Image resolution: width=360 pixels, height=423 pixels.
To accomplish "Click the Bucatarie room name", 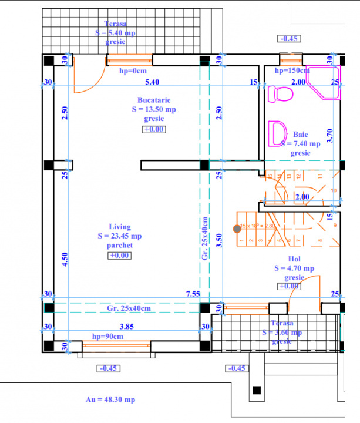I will pos(154,100).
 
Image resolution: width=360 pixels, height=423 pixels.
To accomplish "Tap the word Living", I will pos(120,227).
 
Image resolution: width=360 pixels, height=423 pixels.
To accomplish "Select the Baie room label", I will pos(300,135).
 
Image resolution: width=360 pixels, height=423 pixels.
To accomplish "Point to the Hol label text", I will pos(294,258).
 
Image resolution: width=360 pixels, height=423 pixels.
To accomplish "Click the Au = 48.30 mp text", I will pos(110,399).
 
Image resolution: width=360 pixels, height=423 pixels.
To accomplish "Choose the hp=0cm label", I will pos(133,70).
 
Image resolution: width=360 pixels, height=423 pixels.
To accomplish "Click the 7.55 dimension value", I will pos(193,294).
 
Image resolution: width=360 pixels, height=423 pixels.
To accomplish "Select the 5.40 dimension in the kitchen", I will pos(152,82).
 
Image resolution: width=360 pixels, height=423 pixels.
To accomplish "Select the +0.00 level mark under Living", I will pos(120,256).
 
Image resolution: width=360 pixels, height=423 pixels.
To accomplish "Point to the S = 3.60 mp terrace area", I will pos(282,333).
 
